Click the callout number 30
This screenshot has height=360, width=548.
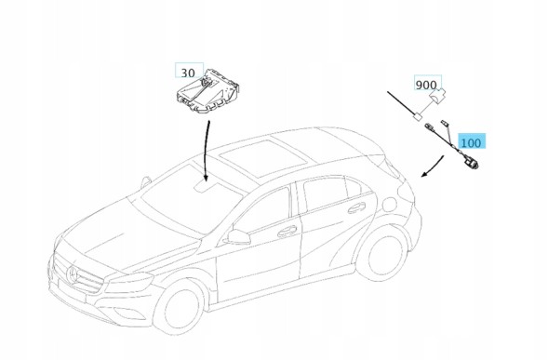pyautogui.click(x=188, y=73)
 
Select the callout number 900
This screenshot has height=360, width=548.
pyautogui.click(x=426, y=85)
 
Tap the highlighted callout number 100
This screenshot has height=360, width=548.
pyautogui.click(x=471, y=142)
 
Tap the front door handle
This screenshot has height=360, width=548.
pyautogui.click(x=287, y=231)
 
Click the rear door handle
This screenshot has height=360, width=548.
pyautogui.click(x=356, y=207)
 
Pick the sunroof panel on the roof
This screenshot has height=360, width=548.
pyautogui.click(x=266, y=155)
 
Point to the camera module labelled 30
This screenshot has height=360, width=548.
pyautogui.click(x=207, y=91)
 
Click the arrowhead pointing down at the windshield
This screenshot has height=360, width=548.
pyautogui.click(x=206, y=178)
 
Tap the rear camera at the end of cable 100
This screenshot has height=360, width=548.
pyautogui.click(x=472, y=163)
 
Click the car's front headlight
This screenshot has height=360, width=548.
pyautogui.click(x=129, y=280)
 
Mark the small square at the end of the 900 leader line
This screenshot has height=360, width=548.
pyautogui.click(x=418, y=116)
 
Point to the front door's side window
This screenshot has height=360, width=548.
pyautogui.click(x=265, y=210)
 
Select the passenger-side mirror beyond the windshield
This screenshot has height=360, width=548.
pyautogui.click(x=145, y=182)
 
